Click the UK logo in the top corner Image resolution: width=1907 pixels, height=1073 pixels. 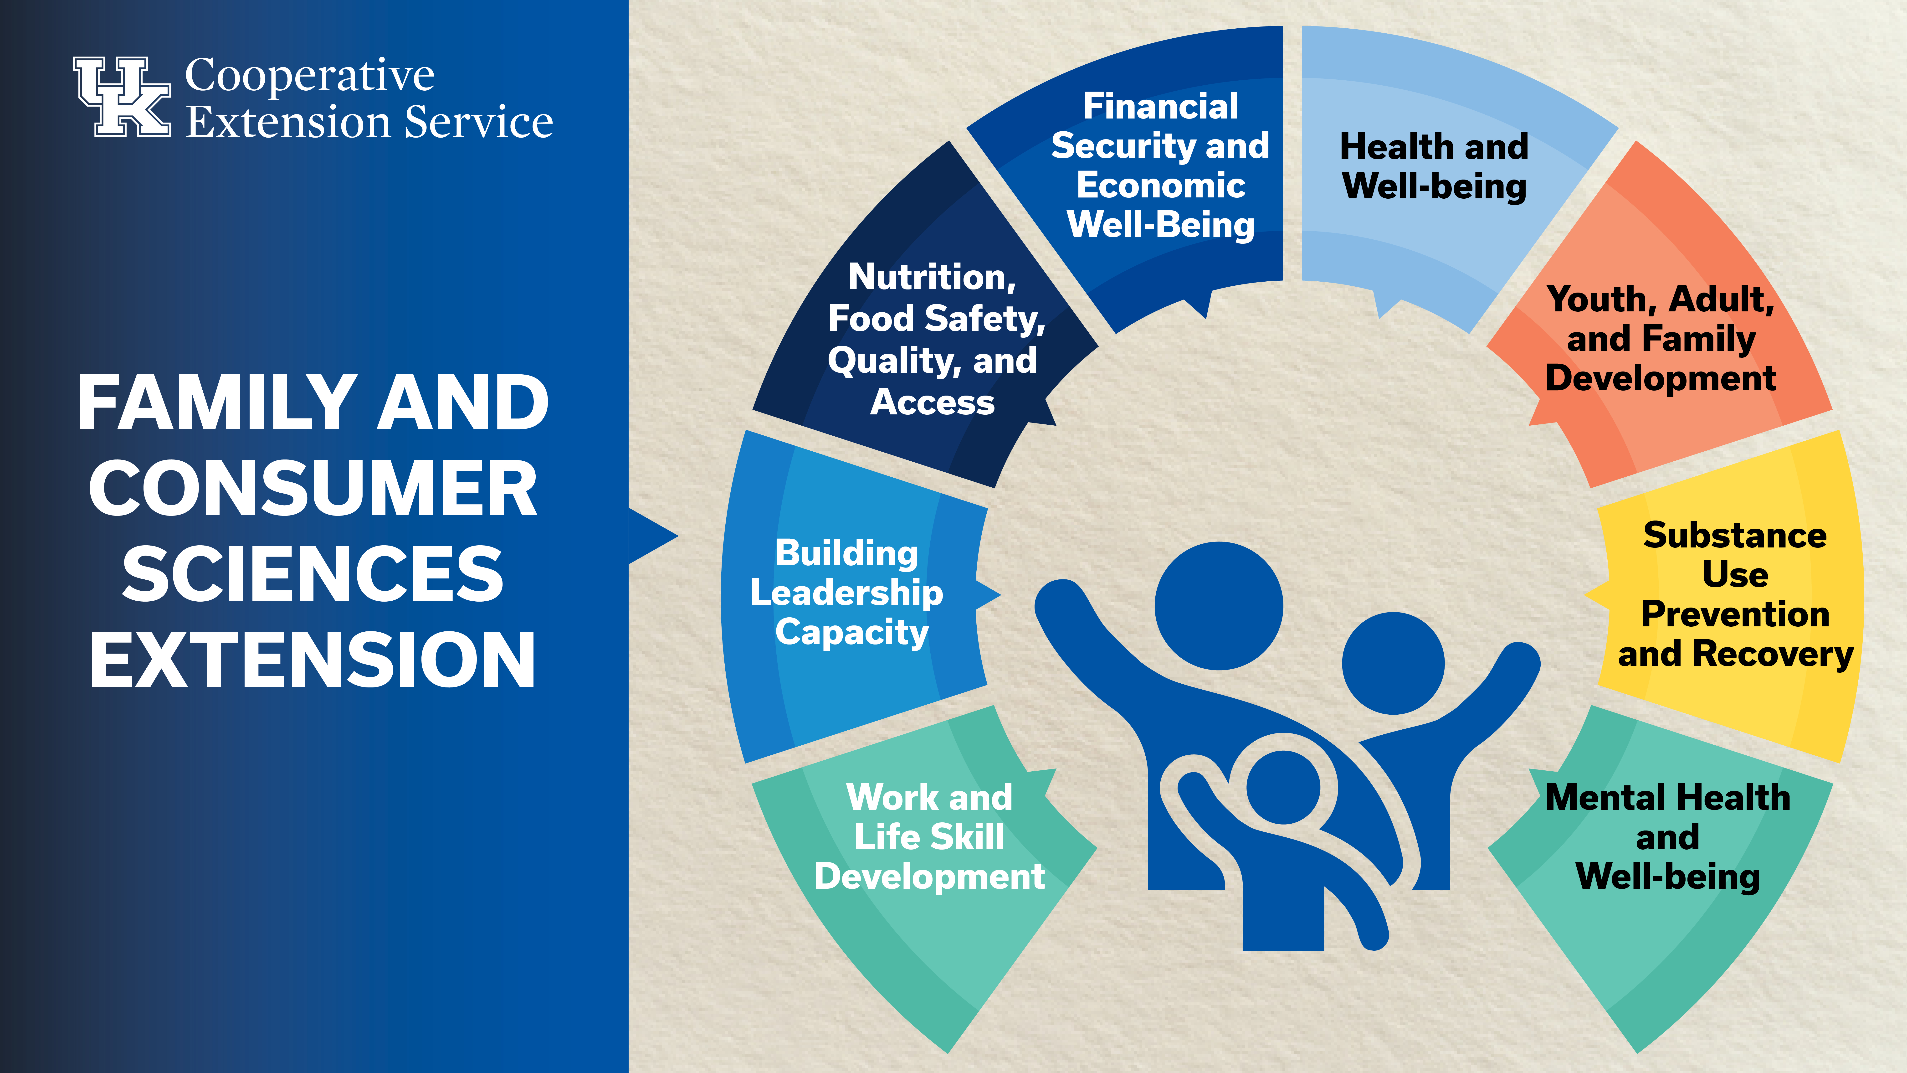(122, 96)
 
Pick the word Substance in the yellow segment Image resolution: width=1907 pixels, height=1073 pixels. (1734, 535)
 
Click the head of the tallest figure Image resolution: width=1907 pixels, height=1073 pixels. (1219, 606)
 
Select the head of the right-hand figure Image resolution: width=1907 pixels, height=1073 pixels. (1393, 664)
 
